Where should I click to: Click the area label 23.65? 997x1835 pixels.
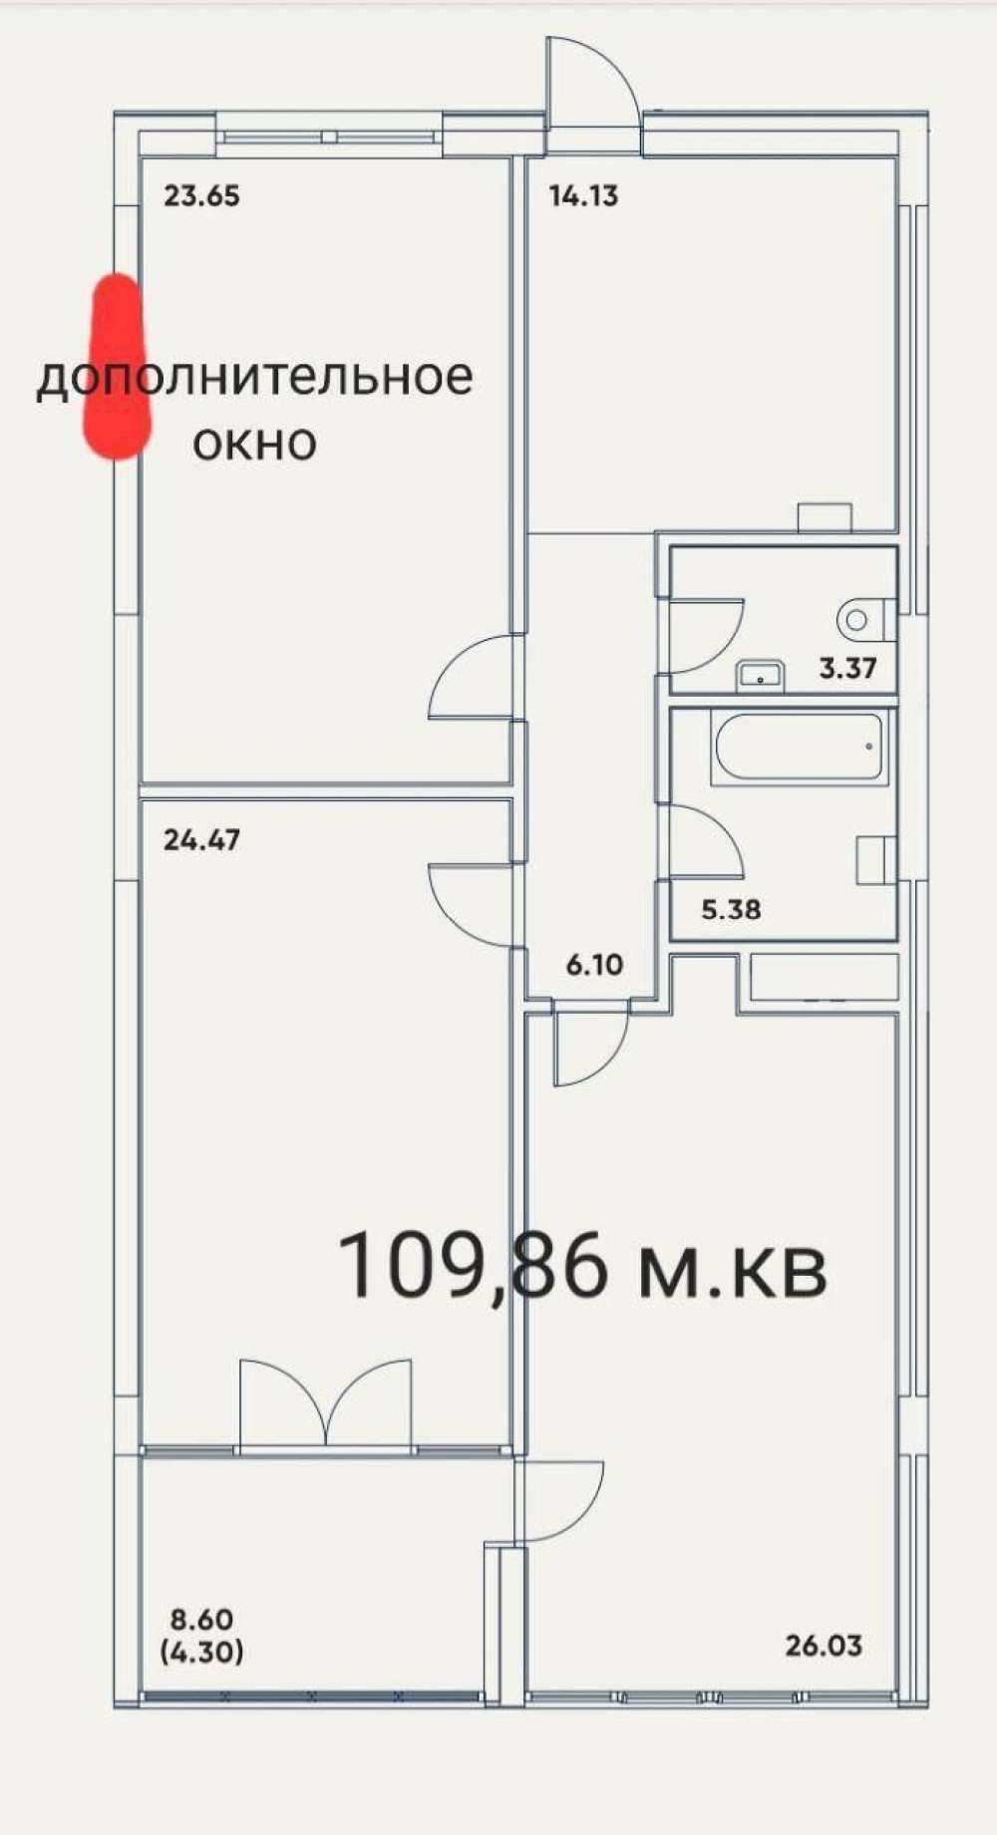coord(201,195)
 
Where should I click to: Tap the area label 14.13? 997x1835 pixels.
coord(583,195)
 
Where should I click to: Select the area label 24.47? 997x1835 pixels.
coord(201,840)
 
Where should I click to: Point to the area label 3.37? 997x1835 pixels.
coord(847,668)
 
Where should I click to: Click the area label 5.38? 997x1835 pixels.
coord(731,909)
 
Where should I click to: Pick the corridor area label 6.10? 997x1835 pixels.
coord(594,965)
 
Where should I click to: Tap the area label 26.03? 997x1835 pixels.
coord(824,1646)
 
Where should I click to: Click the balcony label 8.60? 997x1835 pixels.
coord(201,1620)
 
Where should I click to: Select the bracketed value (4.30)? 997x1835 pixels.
coord(201,1653)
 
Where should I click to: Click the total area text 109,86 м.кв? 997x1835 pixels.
coord(583,1267)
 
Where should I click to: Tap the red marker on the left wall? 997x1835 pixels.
coord(117,367)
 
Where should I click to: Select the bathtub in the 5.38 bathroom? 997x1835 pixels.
coord(799,747)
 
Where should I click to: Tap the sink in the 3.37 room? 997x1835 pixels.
coord(761,677)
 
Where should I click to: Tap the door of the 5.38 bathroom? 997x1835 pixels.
coord(703,842)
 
